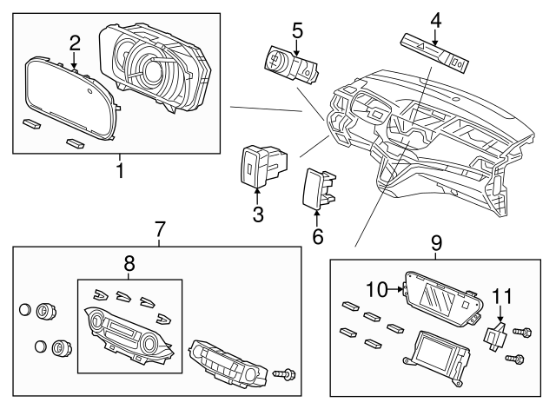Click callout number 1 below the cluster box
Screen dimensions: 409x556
[119, 170]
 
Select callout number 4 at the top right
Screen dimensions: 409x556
[435, 19]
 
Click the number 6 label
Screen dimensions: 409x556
[318, 234]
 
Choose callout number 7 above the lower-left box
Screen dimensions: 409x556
[160, 230]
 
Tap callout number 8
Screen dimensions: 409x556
[129, 261]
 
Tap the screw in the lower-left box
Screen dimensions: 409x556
[283, 374]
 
